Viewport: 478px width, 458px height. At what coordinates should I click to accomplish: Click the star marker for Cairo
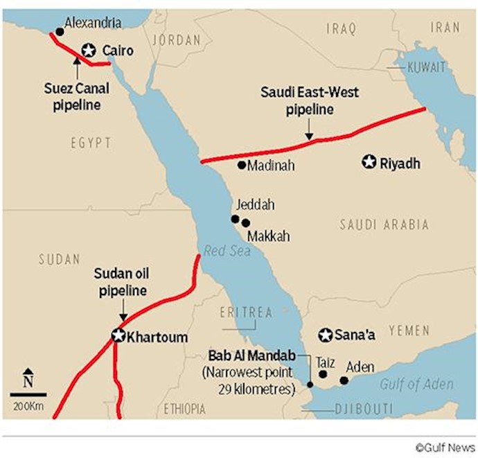pyautogui.click(x=89, y=50)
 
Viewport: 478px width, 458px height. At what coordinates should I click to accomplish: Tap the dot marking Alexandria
pyautogui.click(x=59, y=32)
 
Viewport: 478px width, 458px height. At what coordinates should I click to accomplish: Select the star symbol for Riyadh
pyautogui.click(x=369, y=163)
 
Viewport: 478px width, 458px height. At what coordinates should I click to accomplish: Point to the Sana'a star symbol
pyautogui.click(x=325, y=335)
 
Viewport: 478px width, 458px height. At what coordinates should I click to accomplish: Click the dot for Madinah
pyautogui.click(x=241, y=165)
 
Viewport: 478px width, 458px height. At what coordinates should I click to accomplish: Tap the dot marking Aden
pyautogui.click(x=344, y=380)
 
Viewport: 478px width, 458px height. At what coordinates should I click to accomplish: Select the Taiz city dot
pyautogui.click(x=323, y=374)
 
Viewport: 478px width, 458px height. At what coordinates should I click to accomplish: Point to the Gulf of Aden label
pyautogui.click(x=416, y=385)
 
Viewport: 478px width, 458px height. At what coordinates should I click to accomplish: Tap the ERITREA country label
pyautogui.click(x=246, y=312)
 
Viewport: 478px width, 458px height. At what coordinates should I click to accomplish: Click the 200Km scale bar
pyautogui.click(x=28, y=395)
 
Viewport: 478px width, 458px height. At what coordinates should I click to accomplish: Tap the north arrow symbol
pyautogui.click(x=28, y=377)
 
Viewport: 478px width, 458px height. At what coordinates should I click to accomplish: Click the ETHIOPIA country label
pyautogui.click(x=186, y=409)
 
